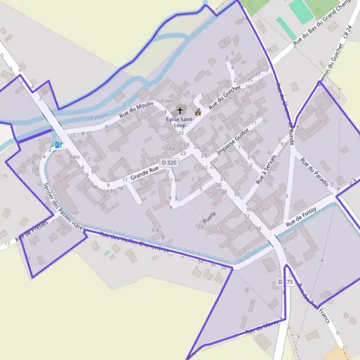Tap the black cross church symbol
click(x=179, y=111)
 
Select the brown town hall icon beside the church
click(x=198, y=112)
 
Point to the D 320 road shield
click(x=169, y=162)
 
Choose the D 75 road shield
click(x=284, y=282)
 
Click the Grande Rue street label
click(x=145, y=174)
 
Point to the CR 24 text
click(x=347, y=34)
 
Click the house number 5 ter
click(x=166, y=101)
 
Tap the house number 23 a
click(x=170, y=148)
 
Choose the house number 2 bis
click(x=74, y=157)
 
